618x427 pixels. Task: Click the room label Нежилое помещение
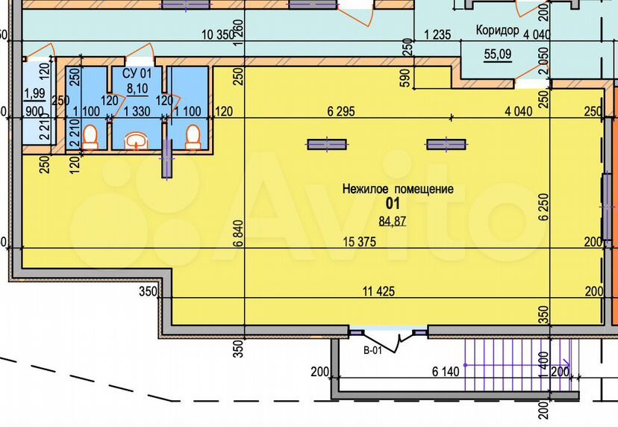pos(398,189)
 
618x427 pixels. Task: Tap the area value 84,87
pos(392,221)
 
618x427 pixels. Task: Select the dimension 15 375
pos(360,242)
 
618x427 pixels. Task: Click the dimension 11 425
pos(378,291)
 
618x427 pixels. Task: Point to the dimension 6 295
pos(341,111)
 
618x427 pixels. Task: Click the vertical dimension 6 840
pos(239,234)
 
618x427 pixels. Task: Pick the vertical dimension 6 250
pos(544,207)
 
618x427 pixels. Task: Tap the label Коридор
pos(497,30)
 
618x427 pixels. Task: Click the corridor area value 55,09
pos(498,54)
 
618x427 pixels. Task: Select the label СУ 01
pos(137,73)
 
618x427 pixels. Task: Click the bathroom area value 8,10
pos(137,89)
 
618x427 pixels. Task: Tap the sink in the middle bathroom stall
pos(137,141)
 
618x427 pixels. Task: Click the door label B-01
pos(372,350)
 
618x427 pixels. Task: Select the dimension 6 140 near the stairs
pos(446,372)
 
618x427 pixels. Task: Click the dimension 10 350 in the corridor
pos(218,34)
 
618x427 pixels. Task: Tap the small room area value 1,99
pos(34,94)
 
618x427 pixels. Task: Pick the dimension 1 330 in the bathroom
pos(137,111)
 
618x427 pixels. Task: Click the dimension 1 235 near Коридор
pos(437,34)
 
